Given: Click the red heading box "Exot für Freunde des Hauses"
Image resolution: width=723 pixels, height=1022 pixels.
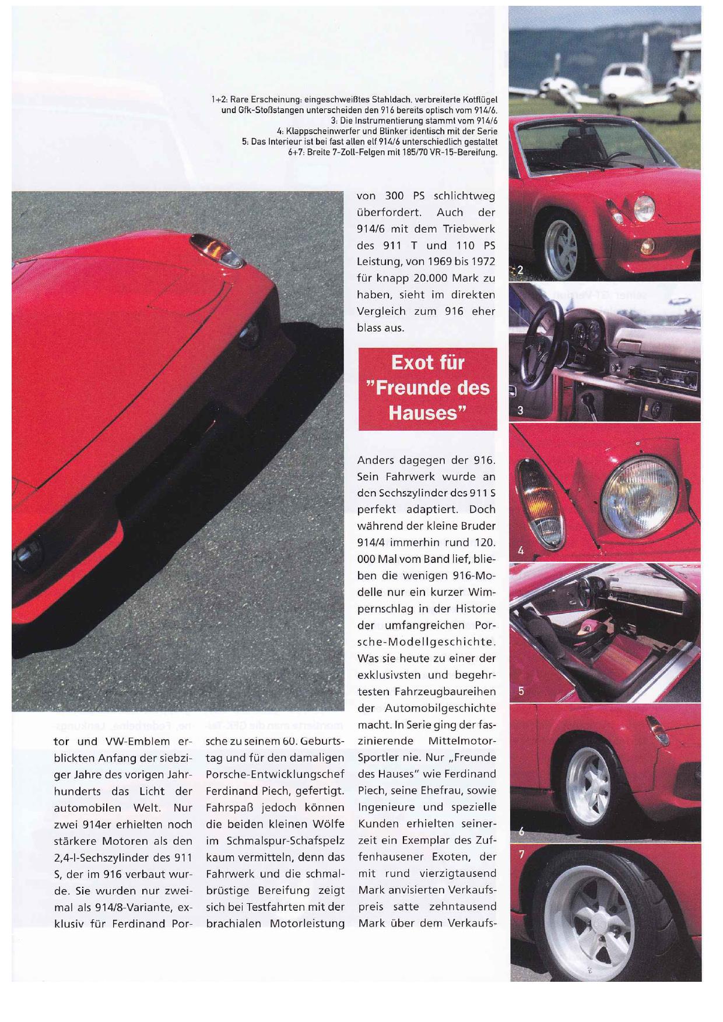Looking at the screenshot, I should pyautogui.click(x=427, y=389).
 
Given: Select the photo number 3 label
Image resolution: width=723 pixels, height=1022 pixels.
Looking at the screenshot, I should pyautogui.click(x=521, y=410).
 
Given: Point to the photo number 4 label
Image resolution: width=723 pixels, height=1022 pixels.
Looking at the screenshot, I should pyautogui.click(x=521, y=550).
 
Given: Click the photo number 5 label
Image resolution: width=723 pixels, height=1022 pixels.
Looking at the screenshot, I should pyautogui.click(x=521, y=691).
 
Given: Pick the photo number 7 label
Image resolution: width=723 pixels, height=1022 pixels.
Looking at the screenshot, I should pyautogui.click(x=521, y=855).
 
